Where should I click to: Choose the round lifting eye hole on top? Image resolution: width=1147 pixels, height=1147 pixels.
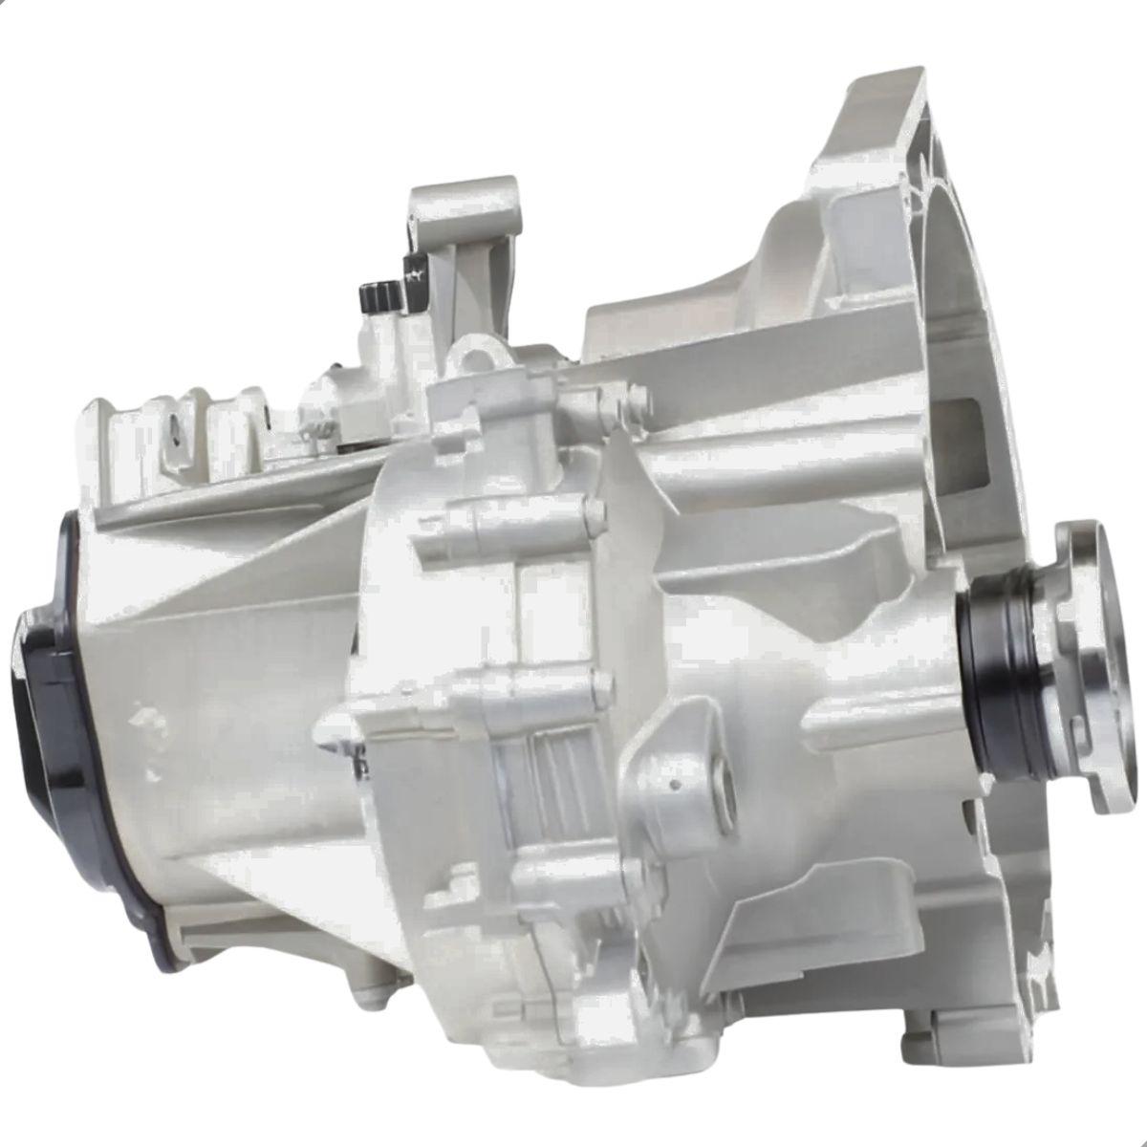pyautogui.click(x=475, y=359)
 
